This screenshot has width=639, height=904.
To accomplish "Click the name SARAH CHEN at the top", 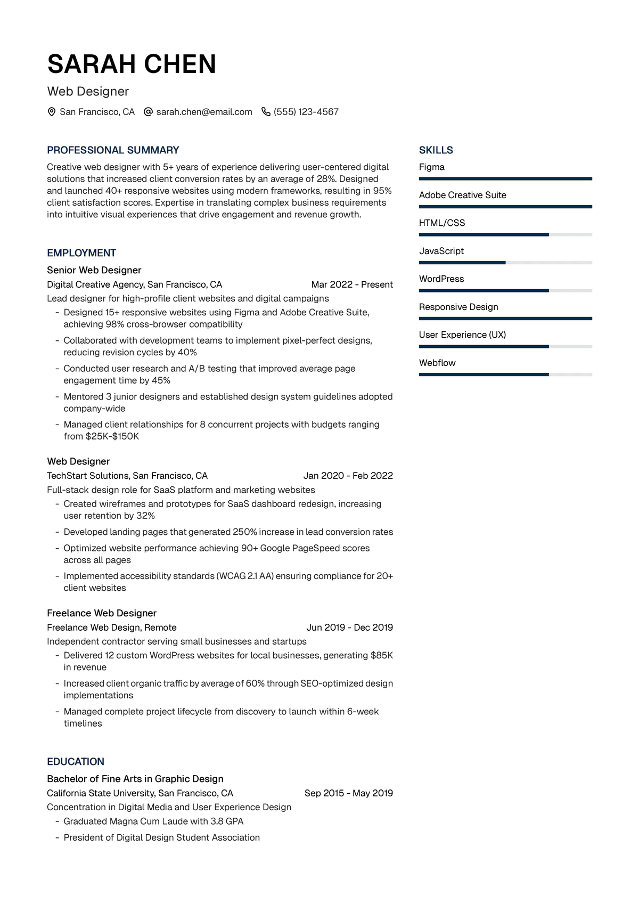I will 132,64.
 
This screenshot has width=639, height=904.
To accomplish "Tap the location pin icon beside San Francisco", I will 52,112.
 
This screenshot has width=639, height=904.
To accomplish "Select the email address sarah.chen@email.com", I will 204,112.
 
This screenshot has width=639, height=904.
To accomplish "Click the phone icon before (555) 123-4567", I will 266,112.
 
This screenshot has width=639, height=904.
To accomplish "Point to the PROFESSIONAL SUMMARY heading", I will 113,150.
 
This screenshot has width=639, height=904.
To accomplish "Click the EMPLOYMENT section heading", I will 81,253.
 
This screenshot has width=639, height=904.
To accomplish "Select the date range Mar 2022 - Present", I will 352,284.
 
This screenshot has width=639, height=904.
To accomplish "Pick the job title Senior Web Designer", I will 94,270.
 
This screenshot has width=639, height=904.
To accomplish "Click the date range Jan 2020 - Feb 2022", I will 348,476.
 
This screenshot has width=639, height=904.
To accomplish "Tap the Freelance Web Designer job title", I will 102,613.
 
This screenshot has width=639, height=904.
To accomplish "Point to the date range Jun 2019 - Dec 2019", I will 349,628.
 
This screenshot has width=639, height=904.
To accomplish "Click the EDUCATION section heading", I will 76,762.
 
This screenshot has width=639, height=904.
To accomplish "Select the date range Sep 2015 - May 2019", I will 348,793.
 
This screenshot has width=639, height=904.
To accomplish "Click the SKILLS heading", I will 436,150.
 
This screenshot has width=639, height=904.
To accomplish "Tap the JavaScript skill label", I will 441,251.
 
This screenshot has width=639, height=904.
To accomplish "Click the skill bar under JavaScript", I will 505,263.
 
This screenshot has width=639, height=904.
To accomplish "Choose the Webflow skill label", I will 437,363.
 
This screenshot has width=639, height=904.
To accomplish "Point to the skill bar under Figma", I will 505,179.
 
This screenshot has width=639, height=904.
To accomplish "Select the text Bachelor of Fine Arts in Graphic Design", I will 135,779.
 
